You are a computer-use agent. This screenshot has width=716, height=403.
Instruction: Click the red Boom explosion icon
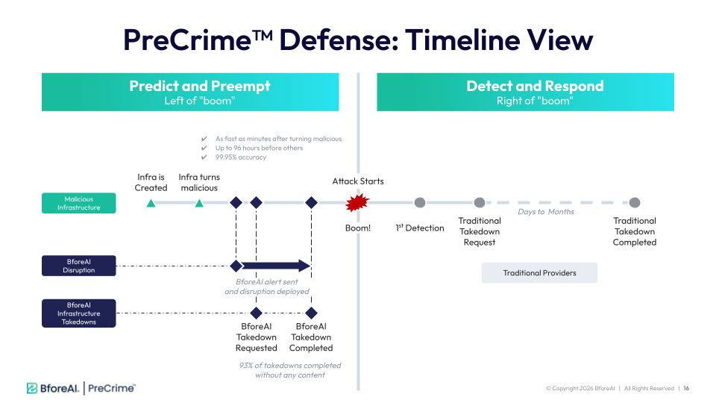tap(357, 202)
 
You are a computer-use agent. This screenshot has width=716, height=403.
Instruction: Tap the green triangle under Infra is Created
tap(151, 203)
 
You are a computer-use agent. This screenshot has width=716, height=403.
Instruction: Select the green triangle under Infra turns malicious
tap(199, 203)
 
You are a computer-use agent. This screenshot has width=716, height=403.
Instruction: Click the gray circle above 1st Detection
tap(420, 202)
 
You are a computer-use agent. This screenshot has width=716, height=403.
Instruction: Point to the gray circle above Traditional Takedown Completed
tap(634, 202)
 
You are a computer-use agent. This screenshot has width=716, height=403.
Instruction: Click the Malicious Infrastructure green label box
tap(78, 203)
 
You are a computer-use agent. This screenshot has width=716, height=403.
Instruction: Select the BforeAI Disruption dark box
tap(78, 266)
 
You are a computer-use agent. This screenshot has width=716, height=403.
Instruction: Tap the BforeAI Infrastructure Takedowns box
tap(78, 313)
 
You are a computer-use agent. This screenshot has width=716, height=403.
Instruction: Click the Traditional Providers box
tap(539, 273)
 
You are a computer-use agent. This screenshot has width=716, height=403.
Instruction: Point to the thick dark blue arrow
tap(276, 266)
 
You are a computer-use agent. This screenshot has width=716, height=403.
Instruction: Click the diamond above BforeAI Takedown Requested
tap(256, 313)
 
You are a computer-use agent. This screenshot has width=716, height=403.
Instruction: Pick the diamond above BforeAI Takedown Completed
tap(311, 313)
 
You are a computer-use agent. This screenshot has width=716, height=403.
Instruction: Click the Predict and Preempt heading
tap(200, 86)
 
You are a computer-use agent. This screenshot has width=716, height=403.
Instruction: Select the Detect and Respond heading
tap(535, 86)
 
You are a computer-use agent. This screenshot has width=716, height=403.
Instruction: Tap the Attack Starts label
tap(358, 181)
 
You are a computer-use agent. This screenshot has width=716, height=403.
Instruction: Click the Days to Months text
tap(546, 211)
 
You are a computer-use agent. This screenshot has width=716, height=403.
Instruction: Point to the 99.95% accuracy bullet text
tap(241, 157)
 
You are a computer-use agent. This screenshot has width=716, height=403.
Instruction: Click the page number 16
tap(686, 388)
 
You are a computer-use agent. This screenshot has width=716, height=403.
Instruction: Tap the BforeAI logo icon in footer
tap(32, 388)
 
